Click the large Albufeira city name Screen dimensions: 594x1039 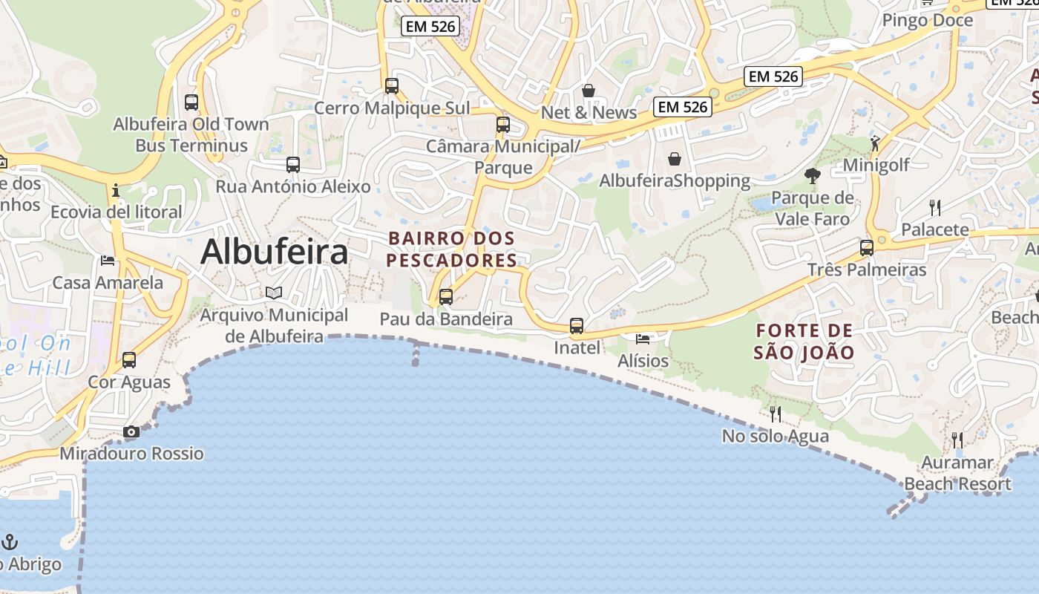point(274,252)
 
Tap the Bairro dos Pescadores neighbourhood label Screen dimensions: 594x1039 point(451,249)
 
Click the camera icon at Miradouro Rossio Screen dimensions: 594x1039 point(131,432)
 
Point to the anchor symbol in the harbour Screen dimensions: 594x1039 point(10,541)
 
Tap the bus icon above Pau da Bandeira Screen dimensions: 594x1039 point(446,297)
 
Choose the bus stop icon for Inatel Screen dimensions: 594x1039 point(577,326)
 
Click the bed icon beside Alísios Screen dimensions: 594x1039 point(643,339)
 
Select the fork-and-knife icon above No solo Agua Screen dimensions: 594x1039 point(776,414)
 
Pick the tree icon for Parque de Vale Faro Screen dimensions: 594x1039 point(813,176)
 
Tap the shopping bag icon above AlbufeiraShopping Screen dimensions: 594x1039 point(675,159)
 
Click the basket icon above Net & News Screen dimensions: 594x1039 point(589,91)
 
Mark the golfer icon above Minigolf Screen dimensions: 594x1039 point(876,142)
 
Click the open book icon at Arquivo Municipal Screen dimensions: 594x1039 point(274,293)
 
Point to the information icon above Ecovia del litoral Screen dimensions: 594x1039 point(116,191)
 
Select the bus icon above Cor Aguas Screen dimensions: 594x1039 point(129,360)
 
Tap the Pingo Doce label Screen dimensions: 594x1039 point(927,20)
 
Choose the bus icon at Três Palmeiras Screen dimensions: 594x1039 point(867,248)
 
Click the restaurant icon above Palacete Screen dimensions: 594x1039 point(935,207)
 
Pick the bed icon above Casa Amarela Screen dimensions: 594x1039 point(108,261)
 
